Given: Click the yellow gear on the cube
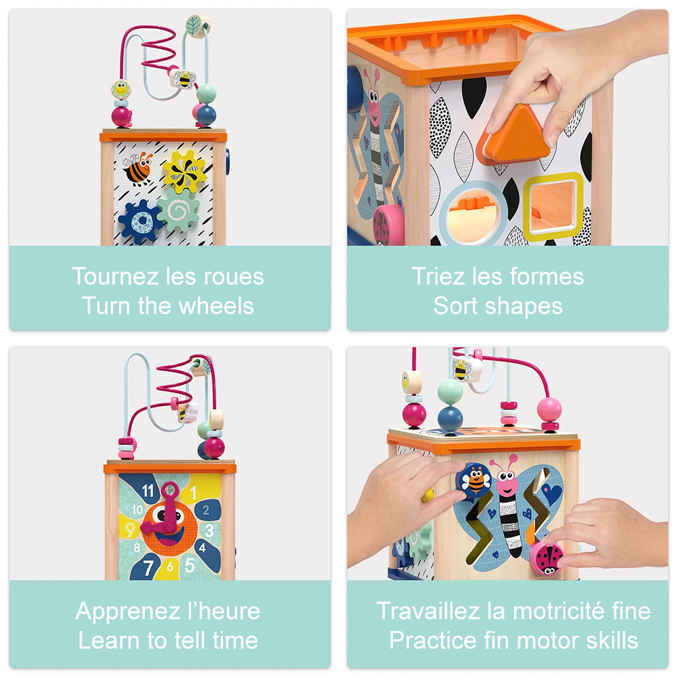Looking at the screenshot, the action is (x=184, y=171).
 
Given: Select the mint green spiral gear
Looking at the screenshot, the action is (x=178, y=210).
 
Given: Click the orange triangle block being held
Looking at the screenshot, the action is (x=514, y=133).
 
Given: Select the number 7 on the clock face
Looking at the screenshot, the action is (x=148, y=567).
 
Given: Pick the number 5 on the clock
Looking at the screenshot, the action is (x=190, y=565).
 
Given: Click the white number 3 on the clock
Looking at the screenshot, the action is (x=209, y=530).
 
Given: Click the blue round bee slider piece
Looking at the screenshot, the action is (x=475, y=479).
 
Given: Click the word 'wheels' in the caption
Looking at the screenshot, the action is (x=216, y=306).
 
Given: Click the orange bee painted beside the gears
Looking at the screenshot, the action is (x=137, y=168).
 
